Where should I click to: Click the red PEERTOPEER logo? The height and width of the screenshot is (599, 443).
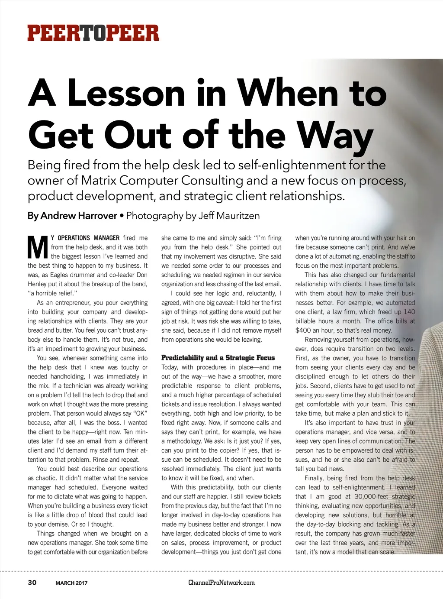93,33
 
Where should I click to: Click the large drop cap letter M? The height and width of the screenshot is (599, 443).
38,247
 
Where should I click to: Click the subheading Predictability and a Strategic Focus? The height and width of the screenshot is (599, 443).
218,358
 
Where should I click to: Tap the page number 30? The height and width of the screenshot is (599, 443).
32,583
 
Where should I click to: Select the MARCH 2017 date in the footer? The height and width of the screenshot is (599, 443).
71,583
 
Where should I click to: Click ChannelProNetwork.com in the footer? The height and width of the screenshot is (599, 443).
221,583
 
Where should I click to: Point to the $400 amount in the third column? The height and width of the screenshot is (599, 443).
304,330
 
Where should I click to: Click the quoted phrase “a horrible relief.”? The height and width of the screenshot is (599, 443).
52,293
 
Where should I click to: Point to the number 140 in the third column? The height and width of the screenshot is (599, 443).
409,312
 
